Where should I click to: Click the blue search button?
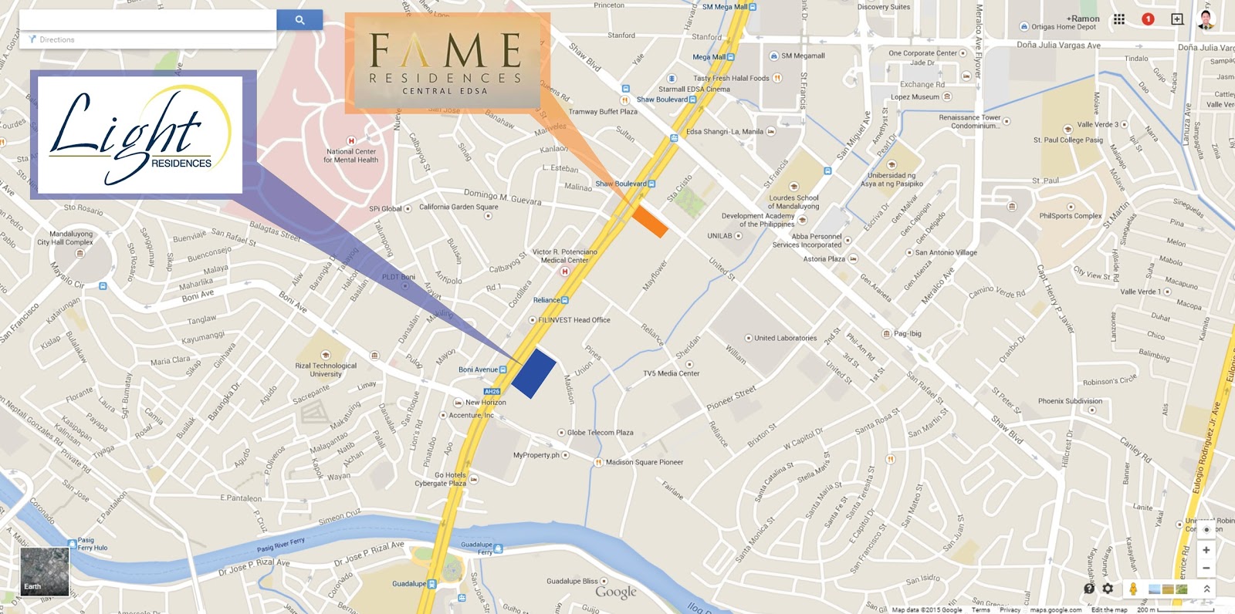coord(299,20)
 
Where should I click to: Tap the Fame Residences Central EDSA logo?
coord(446,62)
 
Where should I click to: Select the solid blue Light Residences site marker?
coord(533,373)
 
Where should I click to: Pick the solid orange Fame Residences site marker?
coord(649,221)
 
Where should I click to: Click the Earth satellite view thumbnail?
coord(44,571)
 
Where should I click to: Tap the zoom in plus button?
coord(1206,550)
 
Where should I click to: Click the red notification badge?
coord(1148,19)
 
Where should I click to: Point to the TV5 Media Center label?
coord(672,373)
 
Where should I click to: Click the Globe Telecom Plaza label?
coord(600,433)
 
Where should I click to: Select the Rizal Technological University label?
coord(326,369)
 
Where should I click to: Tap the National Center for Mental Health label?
coord(350,156)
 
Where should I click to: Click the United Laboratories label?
coord(785,338)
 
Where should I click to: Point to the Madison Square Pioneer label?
coord(644,462)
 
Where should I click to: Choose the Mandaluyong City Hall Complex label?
coord(71,238)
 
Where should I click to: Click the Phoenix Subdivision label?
coord(1070,401)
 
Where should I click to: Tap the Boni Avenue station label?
coord(479,369)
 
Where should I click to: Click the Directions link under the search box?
coord(57,39)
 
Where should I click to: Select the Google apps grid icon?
coord(1118,19)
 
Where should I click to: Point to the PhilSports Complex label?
coord(1070,216)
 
